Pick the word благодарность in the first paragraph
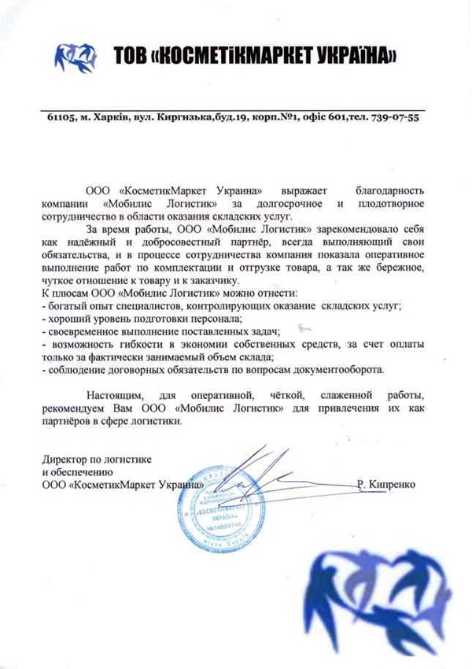389,191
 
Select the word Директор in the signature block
66,458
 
